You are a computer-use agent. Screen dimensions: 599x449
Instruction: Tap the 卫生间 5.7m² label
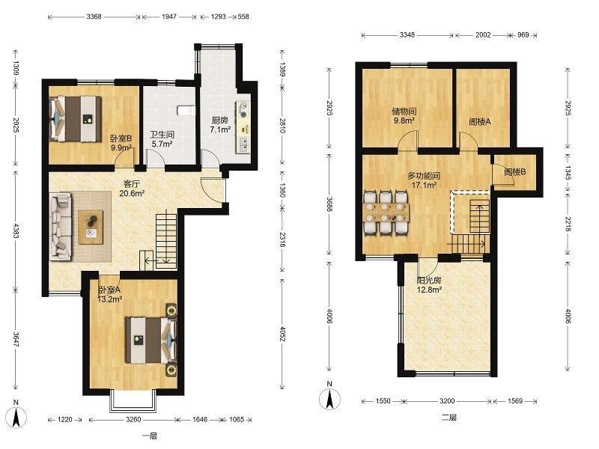point(162,139)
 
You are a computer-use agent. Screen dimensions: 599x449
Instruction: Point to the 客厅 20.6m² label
point(132,189)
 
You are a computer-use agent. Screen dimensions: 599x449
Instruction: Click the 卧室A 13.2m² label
point(109,294)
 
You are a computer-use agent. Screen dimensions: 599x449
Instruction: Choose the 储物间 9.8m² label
point(404,116)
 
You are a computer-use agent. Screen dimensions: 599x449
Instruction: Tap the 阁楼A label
point(480,122)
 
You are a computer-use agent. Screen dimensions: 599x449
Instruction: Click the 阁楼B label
point(515,172)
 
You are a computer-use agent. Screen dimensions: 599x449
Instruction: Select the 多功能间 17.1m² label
point(424,180)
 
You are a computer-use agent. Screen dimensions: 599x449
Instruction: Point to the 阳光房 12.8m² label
point(429,285)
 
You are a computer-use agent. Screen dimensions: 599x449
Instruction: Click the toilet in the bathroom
point(186,110)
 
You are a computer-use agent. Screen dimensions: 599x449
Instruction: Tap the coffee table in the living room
point(91,227)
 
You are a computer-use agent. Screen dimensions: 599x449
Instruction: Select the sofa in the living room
point(61,227)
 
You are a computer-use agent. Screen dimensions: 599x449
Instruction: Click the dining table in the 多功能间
point(386,213)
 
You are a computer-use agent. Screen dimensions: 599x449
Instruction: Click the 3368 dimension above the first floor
point(94,16)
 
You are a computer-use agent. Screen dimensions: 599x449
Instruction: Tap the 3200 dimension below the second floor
point(447,401)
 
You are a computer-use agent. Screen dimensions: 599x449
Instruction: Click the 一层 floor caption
point(150,436)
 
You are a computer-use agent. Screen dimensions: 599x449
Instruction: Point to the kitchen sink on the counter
point(242,144)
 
